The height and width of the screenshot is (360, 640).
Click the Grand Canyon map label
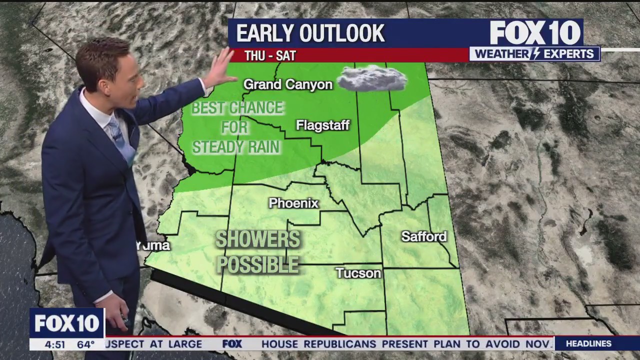[287, 84]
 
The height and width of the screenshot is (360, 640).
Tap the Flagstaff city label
[322, 125]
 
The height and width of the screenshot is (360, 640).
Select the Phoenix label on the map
[293, 203]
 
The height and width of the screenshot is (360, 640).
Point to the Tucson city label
[358, 273]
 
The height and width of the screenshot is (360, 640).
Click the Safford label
[423, 236]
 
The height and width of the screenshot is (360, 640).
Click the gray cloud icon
[371, 78]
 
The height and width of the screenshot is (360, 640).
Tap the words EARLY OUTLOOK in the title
[310, 33]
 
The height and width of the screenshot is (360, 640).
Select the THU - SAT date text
[270, 55]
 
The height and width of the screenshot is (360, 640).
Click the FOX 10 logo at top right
[534, 33]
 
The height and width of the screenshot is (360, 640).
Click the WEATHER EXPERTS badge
[534, 54]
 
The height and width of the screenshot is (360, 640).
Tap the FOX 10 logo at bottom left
[66, 323]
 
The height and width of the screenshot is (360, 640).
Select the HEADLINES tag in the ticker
[588, 343]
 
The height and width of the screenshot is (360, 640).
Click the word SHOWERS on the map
[257, 239]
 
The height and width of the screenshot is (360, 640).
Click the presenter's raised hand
[220, 69]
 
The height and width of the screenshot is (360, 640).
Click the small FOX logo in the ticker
[232, 343]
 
